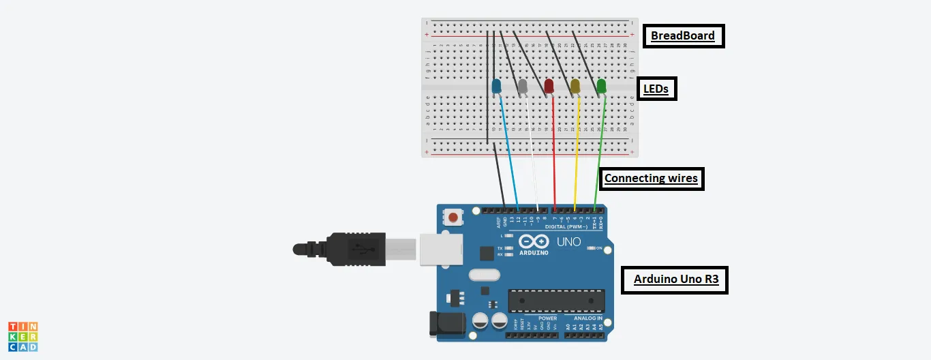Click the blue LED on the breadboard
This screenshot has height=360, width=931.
[x=496, y=87]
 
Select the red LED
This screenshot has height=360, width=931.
[x=549, y=87]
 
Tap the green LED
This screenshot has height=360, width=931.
[x=601, y=87]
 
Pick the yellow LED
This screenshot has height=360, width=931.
[x=575, y=87]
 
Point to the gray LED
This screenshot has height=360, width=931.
[x=523, y=87]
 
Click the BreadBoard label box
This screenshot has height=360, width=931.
[x=683, y=36]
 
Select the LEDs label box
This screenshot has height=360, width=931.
[x=656, y=89]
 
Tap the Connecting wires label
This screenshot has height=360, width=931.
[x=651, y=179]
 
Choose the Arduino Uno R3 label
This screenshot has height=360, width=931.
[x=675, y=280]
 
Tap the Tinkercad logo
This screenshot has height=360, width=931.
[x=23, y=337]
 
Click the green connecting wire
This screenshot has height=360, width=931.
[x=599, y=164]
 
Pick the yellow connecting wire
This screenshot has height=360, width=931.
[x=577, y=164]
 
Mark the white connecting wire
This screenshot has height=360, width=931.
[x=532, y=164]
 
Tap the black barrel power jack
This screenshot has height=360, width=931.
[x=442, y=323]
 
